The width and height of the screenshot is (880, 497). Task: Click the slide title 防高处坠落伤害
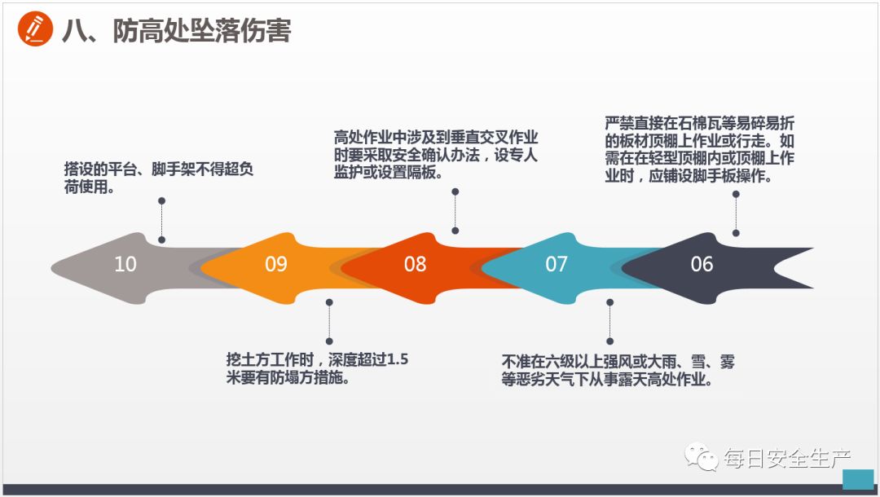176,31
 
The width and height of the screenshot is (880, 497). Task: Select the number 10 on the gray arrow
125,264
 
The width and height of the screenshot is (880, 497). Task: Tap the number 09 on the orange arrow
276,264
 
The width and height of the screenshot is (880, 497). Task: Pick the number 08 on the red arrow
416,264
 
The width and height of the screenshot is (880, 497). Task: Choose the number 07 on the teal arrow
557,264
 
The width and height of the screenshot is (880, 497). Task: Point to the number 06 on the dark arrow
702,264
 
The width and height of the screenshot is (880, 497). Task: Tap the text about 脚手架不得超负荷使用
158,178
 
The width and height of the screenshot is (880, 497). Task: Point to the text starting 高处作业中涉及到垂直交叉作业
436,155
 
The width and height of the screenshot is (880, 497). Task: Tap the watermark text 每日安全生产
787,459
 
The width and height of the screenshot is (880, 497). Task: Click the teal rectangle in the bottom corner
857,478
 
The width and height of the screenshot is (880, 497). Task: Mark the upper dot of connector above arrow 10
162,200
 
